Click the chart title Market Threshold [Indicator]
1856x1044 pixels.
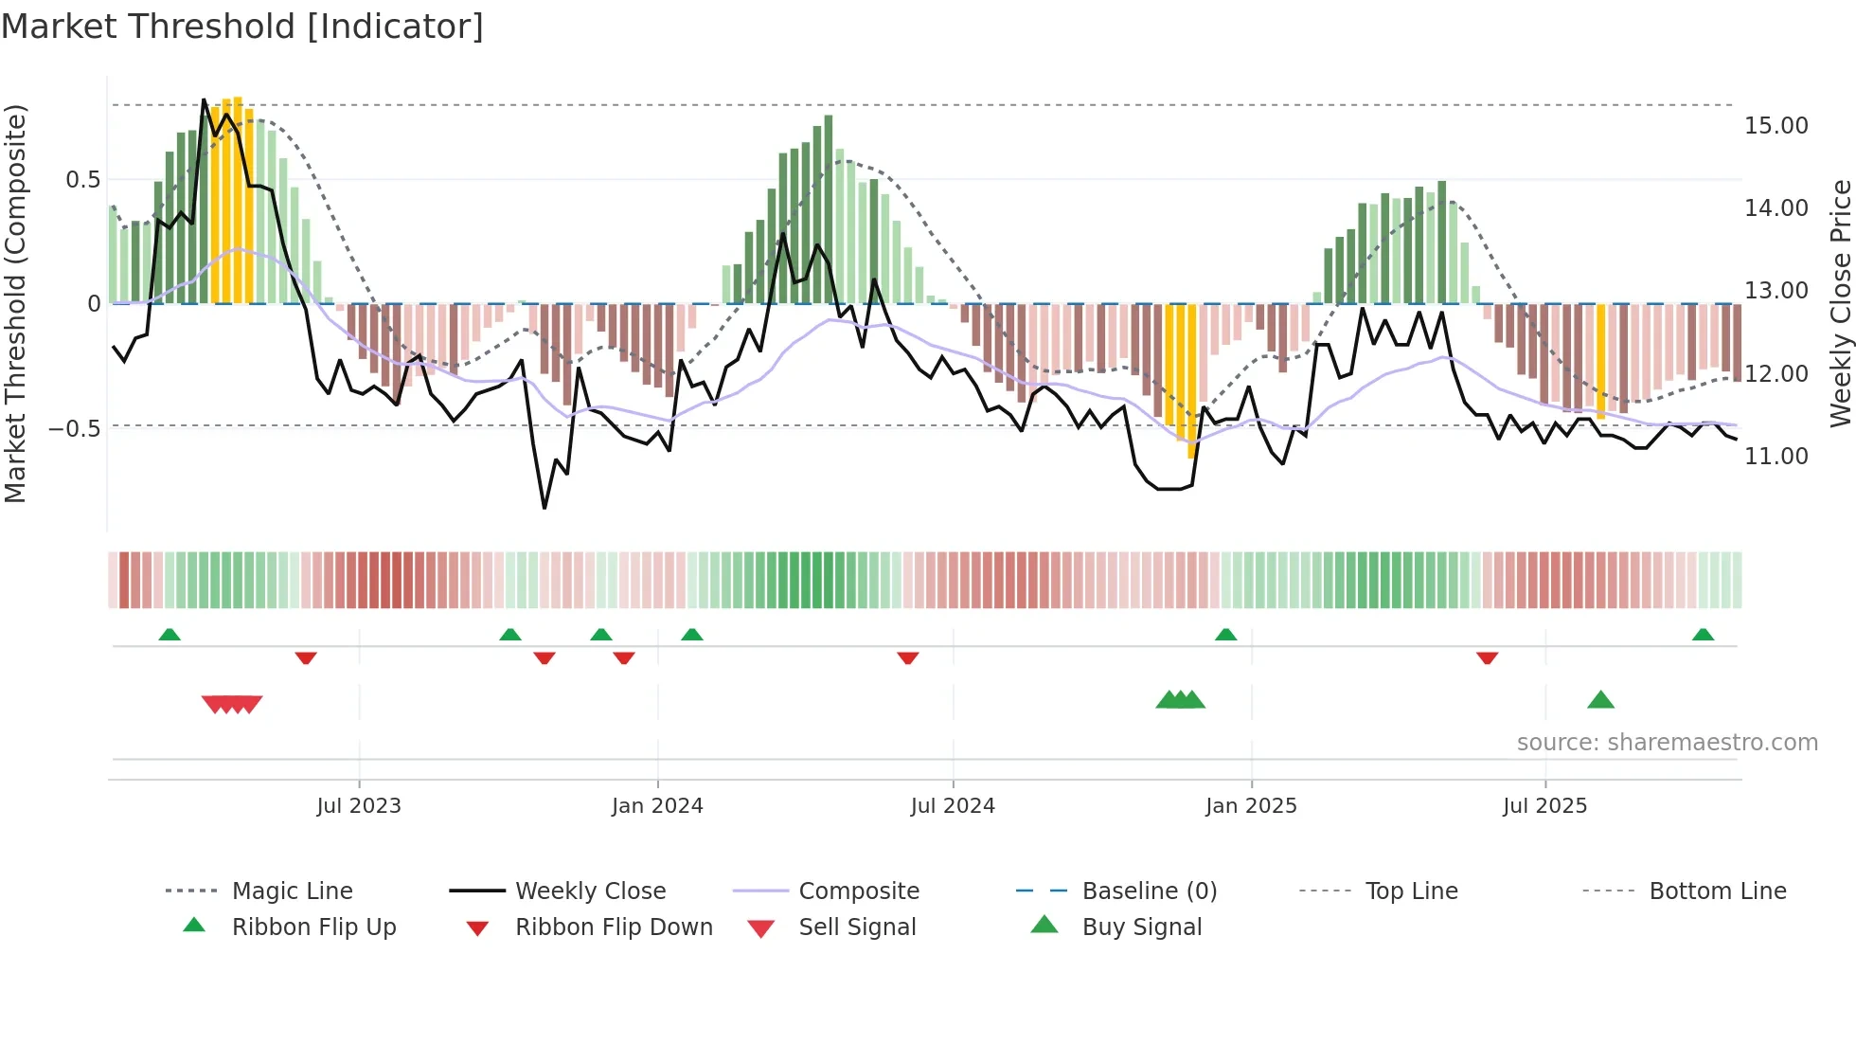[x=242, y=27]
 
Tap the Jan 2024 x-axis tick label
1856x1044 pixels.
[x=657, y=806]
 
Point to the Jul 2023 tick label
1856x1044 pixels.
[x=359, y=806]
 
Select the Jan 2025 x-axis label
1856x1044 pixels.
[x=1251, y=806]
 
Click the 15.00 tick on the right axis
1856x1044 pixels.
[x=1776, y=126]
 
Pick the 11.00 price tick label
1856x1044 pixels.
[x=1776, y=457]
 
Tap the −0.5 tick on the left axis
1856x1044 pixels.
[x=74, y=428]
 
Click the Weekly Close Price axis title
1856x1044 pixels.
[x=1840, y=303]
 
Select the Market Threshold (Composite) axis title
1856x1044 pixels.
[x=15, y=303]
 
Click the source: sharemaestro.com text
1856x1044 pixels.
[x=1667, y=743]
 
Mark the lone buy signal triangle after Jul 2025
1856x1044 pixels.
[x=1600, y=700]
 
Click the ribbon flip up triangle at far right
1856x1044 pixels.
[x=1703, y=635]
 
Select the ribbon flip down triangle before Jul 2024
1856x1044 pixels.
[x=907, y=657]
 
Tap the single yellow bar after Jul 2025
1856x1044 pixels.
[x=1600, y=360]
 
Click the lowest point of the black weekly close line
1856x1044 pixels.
[x=544, y=508]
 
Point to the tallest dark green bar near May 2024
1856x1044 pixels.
[x=829, y=208]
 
